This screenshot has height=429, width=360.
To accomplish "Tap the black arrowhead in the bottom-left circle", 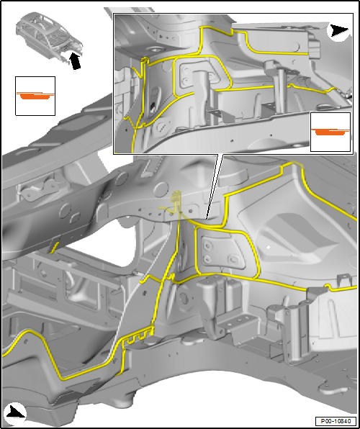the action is (x=16, y=412).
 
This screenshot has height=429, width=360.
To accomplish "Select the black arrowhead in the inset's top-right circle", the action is (x=339, y=30).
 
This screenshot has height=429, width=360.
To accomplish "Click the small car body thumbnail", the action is (x=49, y=35).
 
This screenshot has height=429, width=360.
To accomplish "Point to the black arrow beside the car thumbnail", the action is (x=75, y=60).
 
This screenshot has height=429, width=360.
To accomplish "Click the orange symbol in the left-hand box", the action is (x=35, y=96).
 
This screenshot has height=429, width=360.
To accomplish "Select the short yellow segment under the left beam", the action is (x=54, y=247).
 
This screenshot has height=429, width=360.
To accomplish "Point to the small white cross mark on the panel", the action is (x=269, y=247).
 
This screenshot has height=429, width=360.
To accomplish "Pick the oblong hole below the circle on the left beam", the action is (x=75, y=219).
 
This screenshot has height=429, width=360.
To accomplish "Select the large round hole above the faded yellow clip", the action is (x=161, y=189).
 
